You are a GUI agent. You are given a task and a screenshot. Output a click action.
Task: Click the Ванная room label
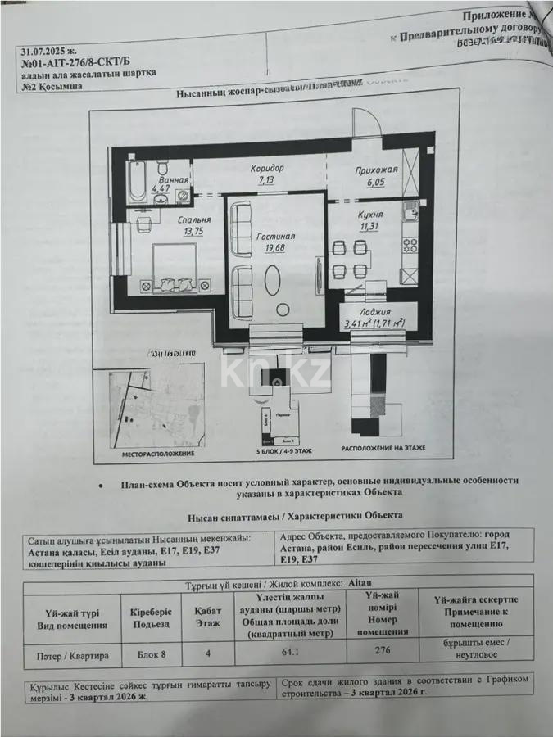tap(174, 180)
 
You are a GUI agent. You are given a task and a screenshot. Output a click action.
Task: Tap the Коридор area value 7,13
tap(268, 180)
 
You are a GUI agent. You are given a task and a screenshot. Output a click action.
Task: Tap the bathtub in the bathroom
tap(138, 182)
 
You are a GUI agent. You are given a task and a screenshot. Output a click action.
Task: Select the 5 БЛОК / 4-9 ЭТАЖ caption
tap(276, 452)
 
